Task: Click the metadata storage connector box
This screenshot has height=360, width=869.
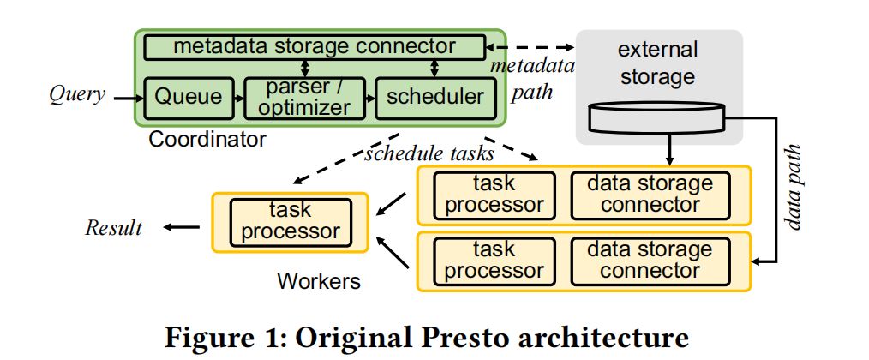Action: (x=315, y=46)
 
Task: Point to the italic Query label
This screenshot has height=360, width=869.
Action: (x=77, y=93)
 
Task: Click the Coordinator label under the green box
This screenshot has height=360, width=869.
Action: (x=207, y=139)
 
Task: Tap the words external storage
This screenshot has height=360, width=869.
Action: (x=657, y=63)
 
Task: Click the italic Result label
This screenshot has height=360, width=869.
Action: (x=114, y=227)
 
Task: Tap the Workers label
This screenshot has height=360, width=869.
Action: (x=319, y=281)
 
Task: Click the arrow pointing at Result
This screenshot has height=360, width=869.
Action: (x=181, y=227)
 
